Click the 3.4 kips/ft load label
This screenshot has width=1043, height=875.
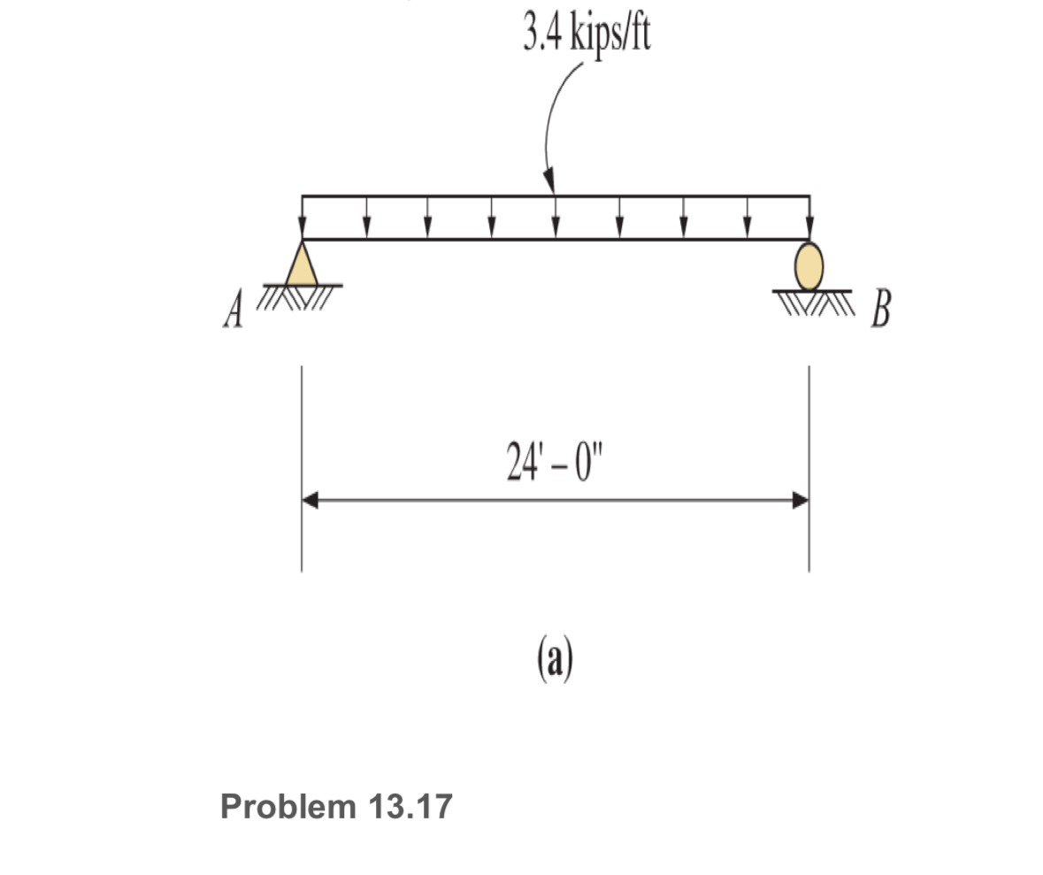pos(587,35)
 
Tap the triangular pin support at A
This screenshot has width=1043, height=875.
pos(302,265)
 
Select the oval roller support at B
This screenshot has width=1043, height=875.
pos(809,265)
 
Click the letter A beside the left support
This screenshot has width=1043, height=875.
pos(233,311)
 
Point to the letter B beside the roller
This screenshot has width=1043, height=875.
pos(879,311)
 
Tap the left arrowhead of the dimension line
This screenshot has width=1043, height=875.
pos(311,501)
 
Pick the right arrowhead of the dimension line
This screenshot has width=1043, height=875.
pos(800,501)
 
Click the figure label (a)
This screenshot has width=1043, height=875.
pos(555,659)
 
